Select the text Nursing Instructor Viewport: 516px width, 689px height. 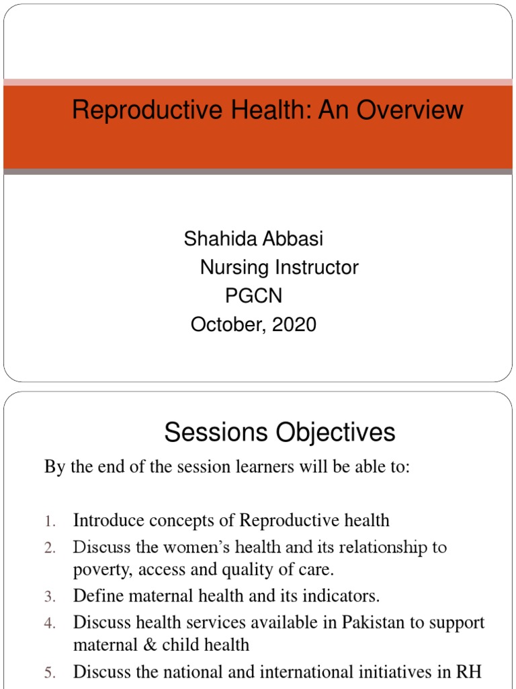point(279,267)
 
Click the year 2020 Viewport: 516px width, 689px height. point(294,325)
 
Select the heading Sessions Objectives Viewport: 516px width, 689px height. point(279,433)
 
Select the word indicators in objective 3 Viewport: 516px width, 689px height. point(343,595)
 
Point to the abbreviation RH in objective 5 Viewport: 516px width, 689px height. point(470,672)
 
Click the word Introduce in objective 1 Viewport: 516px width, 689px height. point(107,520)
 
